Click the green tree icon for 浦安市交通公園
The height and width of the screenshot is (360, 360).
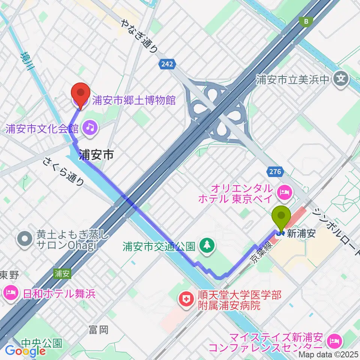click(206, 246)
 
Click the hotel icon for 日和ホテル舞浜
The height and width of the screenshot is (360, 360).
click(10, 292)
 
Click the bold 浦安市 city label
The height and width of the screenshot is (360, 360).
click(96, 155)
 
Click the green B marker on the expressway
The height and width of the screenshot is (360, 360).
click(307, 22)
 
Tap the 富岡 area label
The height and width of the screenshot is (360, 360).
click(99, 330)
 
